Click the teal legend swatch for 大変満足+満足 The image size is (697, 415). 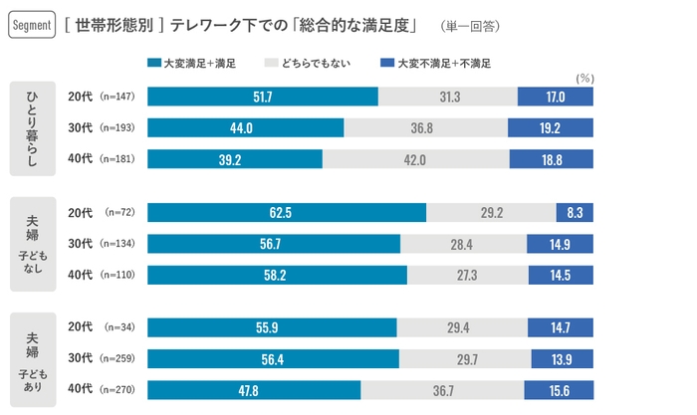[152, 63]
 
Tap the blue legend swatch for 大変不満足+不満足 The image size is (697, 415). [387, 63]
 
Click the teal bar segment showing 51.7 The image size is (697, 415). [263, 97]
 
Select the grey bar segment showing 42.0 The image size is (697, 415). [416, 159]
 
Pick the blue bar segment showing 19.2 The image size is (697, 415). [551, 128]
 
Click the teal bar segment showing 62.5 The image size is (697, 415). [287, 212]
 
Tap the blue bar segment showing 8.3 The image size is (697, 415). [575, 212]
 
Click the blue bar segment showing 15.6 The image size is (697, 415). [559, 390]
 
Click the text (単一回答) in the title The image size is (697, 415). [467, 24]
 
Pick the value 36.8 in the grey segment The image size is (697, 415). [425, 128]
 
